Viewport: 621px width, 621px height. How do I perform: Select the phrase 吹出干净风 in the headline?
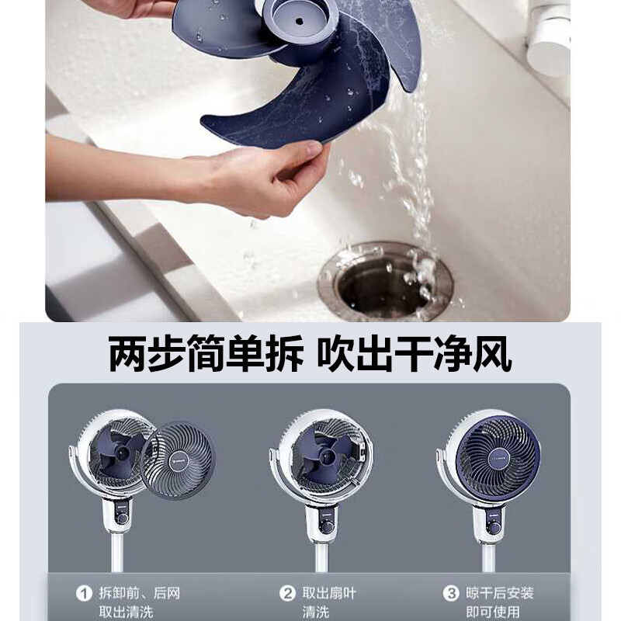416,355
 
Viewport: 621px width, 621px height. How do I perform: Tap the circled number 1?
84,594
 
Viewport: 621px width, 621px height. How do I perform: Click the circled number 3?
451,594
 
